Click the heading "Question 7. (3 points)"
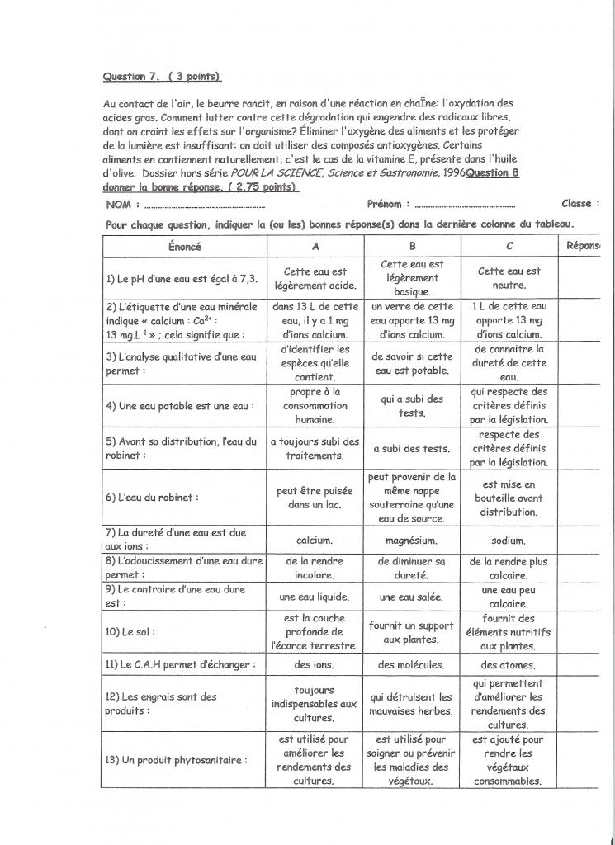pyautogui.click(x=162, y=77)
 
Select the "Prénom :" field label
pyautogui.click(x=383, y=204)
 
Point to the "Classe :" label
pyautogui.click(x=580, y=204)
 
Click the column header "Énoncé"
pyautogui.click(x=184, y=246)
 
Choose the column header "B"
pyautogui.click(x=412, y=246)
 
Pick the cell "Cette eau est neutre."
pyautogui.click(x=509, y=278)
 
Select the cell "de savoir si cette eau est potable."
pyautogui.click(x=412, y=363)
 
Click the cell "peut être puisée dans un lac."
pyautogui.click(x=315, y=498)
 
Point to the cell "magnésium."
pyautogui.click(x=412, y=541)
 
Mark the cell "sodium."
pyautogui.click(x=509, y=541)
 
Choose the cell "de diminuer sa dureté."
pyautogui.click(x=412, y=568)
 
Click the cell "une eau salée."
pyautogui.click(x=412, y=597)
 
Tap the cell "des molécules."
pyautogui.click(x=412, y=665)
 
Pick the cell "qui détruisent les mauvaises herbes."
pyautogui.click(x=412, y=704)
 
